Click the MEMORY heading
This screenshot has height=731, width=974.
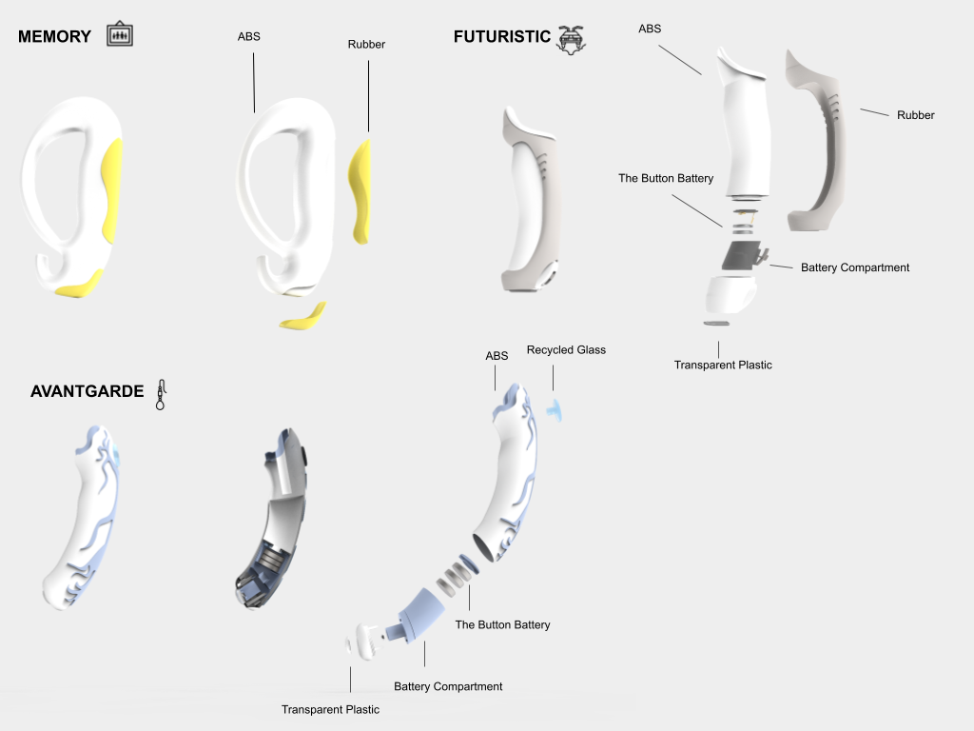tap(54, 37)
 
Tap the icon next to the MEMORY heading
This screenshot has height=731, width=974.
tap(120, 34)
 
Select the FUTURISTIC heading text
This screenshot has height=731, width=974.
tap(501, 37)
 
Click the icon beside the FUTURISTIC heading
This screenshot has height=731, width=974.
tap(572, 38)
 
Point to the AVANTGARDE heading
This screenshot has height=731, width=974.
tap(87, 391)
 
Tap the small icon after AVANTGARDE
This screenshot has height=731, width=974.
tap(162, 394)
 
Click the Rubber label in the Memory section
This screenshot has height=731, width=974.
tap(366, 44)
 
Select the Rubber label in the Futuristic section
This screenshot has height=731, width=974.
tap(915, 115)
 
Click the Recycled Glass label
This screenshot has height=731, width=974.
tap(566, 350)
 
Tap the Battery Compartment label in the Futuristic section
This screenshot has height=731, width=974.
tap(854, 267)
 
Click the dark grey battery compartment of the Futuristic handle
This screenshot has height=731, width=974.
tap(740, 255)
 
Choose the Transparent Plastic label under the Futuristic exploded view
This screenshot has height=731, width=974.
tap(723, 365)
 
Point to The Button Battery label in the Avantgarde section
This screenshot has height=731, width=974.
tap(502, 624)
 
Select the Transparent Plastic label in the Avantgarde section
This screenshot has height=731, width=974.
tap(330, 709)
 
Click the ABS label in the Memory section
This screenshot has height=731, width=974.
tap(248, 37)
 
